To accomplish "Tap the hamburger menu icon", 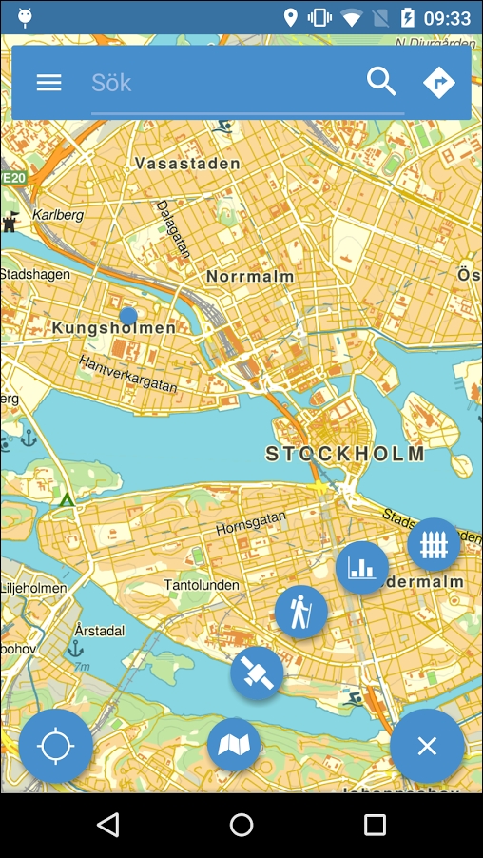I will coord(48,83).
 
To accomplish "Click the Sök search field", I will coord(223,83).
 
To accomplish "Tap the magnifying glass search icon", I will coord(381,83).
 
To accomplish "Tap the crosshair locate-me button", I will coord(56,746).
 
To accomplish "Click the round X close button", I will coord(427,746).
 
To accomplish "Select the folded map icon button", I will coord(234,745).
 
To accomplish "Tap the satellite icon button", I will coord(257,673).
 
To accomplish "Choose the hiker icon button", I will coord(301,612).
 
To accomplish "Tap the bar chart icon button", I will coord(361,568).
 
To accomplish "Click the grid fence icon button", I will coord(434,545).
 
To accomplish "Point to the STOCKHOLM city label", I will coord(346,454).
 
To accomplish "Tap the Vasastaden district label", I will coord(187,164).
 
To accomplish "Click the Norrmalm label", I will coord(250,276).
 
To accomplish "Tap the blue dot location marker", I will coord(128,315).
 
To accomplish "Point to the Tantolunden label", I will coord(202,585).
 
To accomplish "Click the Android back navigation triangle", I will coord(108,825).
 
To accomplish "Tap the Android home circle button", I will coord(241,825).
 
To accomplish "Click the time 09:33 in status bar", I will coord(447,18).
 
